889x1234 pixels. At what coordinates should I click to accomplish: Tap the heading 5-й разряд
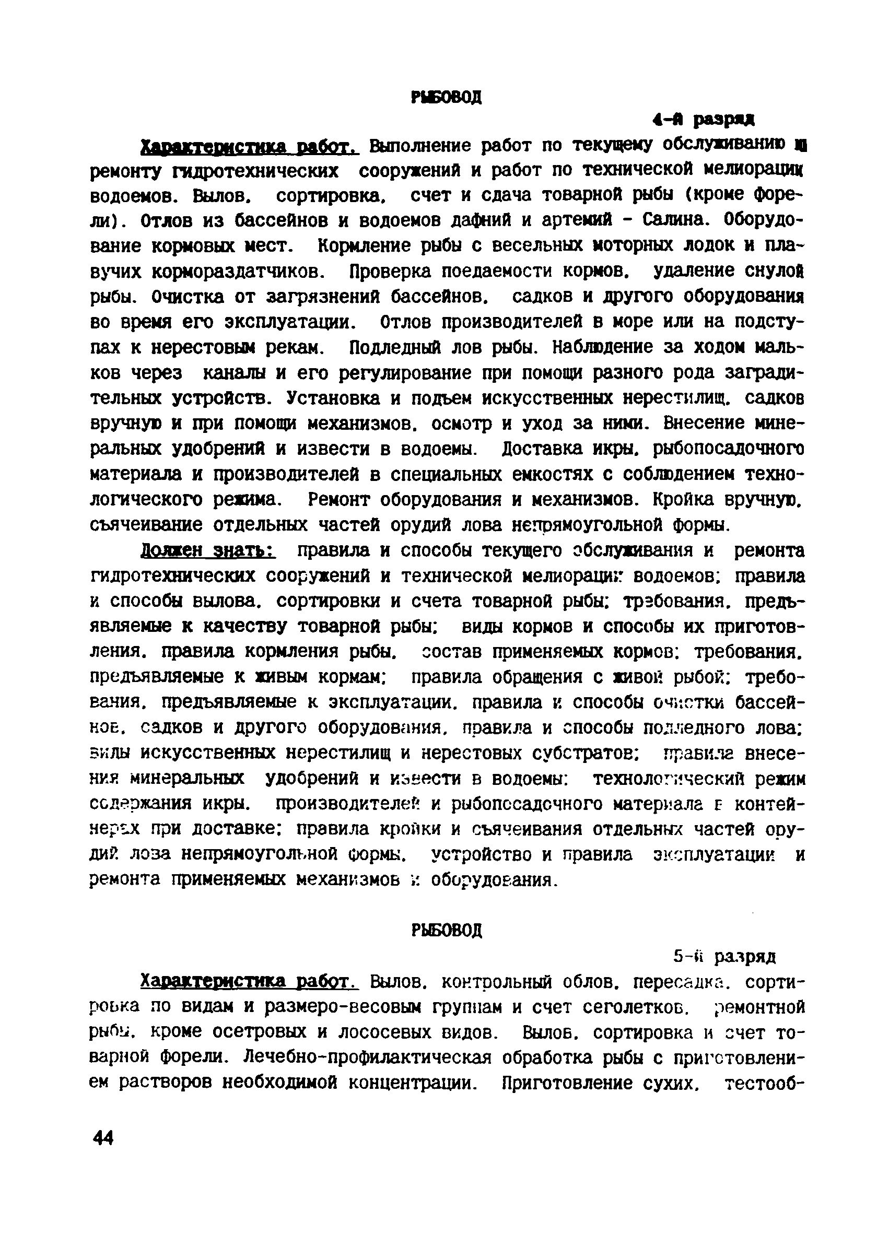point(724,957)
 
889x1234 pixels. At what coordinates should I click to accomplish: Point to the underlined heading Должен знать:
point(208,550)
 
